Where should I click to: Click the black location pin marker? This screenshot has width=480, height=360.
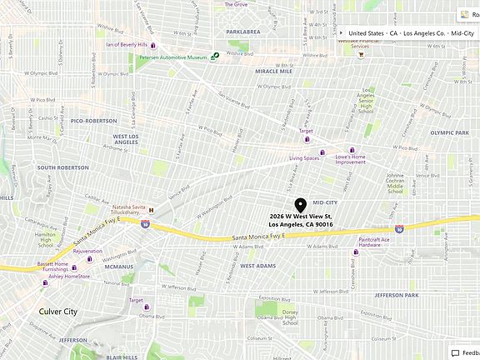(x=301, y=205)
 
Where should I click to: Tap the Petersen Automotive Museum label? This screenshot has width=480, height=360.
(x=173, y=58)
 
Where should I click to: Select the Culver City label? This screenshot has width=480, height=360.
(x=57, y=311)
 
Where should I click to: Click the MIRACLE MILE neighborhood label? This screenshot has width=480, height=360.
(x=273, y=72)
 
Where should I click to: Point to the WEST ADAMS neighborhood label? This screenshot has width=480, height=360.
(x=257, y=265)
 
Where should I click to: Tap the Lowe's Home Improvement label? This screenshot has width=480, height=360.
(x=350, y=159)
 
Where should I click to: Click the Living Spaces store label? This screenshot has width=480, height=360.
(x=305, y=157)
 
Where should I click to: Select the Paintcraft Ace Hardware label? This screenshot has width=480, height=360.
(x=374, y=242)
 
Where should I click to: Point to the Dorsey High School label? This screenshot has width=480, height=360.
(x=289, y=317)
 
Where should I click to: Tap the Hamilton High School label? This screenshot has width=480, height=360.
(x=47, y=240)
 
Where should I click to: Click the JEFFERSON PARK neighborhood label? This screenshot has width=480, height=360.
(x=401, y=295)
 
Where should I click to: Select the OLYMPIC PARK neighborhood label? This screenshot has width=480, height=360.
(x=450, y=132)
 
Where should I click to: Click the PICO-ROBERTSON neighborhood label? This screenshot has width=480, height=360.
(x=94, y=121)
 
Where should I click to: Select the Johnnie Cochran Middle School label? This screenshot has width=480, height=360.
(x=395, y=182)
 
